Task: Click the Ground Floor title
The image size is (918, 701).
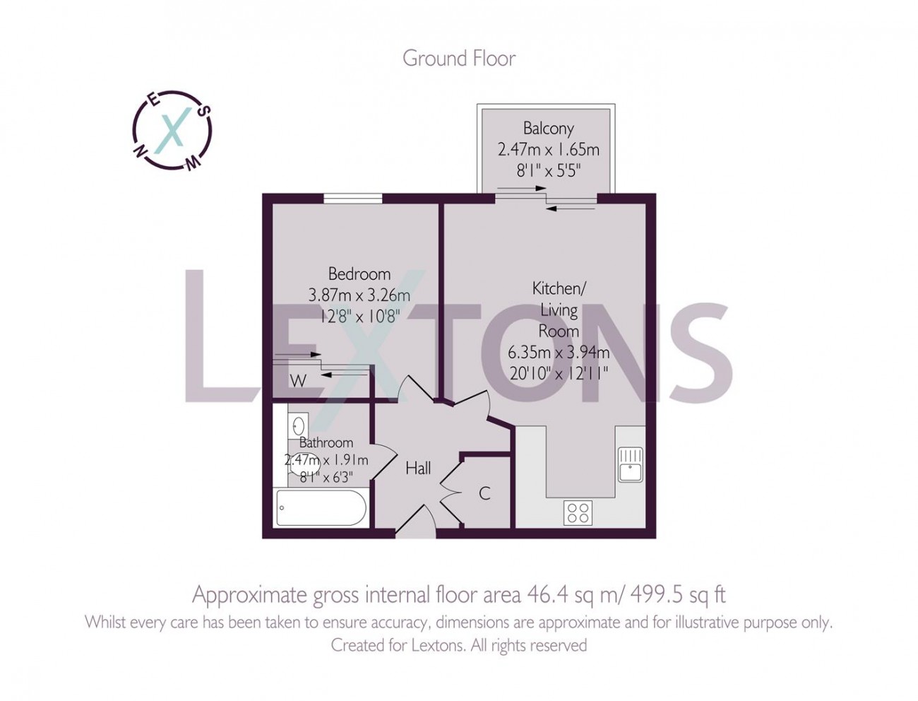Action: pyautogui.click(x=459, y=58)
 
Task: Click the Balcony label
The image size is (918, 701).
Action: pyautogui.click(x=548, y=129)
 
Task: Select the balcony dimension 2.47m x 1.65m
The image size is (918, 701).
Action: pyautogui.click(x=548, y=150)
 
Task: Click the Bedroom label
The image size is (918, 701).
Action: pyautogui.click(x=359, y=274)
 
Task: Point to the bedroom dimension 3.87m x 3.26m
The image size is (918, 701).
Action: pyautogui.click(x=359, y=295)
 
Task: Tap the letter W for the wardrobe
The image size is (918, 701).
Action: pyautogui.click(x=298, y=382)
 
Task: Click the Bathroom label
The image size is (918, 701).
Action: pyautogui.click(x=326, y=443)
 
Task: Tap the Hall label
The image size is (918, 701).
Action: pyautogui.click(x=418, y=469)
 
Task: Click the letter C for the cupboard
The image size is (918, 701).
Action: pyautogui.click(x=484, y=493)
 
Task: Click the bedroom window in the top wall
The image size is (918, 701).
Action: pyautogui.click(x=353, y=199)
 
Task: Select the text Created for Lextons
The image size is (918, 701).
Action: pyautogui.click(x=398, y=645)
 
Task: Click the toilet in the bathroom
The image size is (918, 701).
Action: pyautogui.click(x=294, y=457)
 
